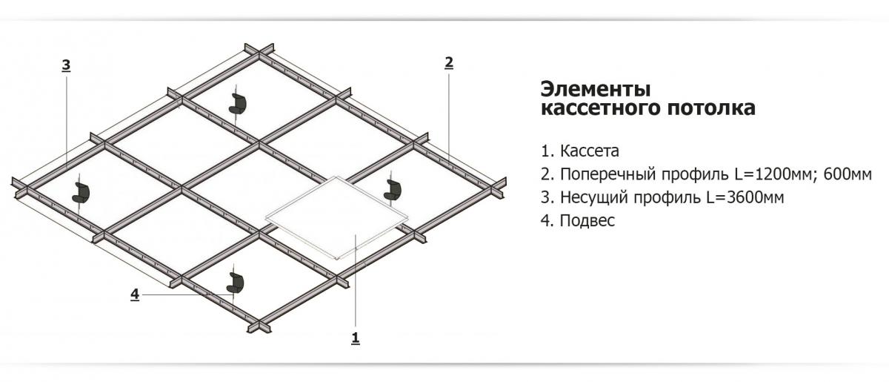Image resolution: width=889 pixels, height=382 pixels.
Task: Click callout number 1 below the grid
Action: click(x=356, y=338)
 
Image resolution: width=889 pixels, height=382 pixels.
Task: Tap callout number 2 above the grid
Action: click(x=448, y=63)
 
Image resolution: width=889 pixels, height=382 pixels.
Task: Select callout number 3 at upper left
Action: click(x=66, y=65)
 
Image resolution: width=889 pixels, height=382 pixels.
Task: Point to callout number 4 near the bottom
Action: click(x=135, y=294)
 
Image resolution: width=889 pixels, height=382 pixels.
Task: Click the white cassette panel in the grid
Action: click(x=337, y=218)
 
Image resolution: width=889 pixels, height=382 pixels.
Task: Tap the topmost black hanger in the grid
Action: click(x=238, y=104)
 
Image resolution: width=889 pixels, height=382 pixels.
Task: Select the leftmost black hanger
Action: click(x=81, y=192)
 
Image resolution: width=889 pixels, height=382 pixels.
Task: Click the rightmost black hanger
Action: click(x=393, y=190)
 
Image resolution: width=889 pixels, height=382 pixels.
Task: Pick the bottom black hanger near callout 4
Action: click(x=236, y=282)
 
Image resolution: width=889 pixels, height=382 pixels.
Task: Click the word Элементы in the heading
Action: click(x=596, y=89)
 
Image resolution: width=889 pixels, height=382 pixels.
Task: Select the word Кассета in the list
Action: click(x=590, y=151)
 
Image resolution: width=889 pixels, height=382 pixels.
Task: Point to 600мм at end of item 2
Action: click(x=848, y=174)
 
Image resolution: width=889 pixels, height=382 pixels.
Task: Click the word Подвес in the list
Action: click(x=587, y=220)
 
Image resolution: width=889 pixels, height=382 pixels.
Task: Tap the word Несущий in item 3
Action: click(x=593, y=198)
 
